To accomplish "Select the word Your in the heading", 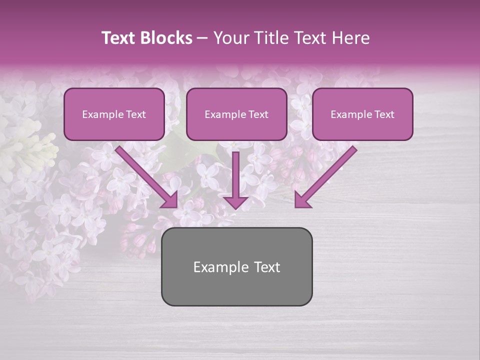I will pos(230,38).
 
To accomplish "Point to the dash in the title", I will pos(203,38).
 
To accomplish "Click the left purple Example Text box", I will pos(114,114).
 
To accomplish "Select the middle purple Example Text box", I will pos(236,114).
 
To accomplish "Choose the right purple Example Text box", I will pos(362,114).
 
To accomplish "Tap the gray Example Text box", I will pos(236,266).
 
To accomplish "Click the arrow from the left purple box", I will pos(145,175).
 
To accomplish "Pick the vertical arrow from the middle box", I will pos(235,177).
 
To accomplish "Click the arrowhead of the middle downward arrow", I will pos(235,202).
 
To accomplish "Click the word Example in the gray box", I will pos(220,267).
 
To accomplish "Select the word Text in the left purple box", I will pos(135,114).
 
